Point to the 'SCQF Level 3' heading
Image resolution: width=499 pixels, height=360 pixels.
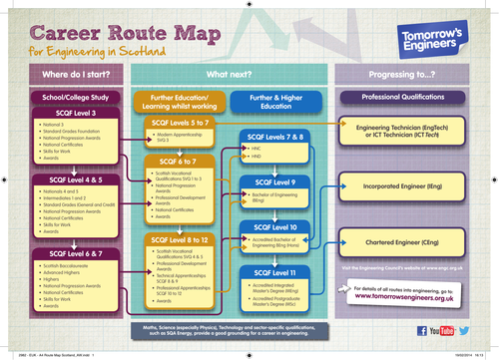coord(68,115)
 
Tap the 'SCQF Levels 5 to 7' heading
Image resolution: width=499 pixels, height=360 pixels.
coord(177,121)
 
